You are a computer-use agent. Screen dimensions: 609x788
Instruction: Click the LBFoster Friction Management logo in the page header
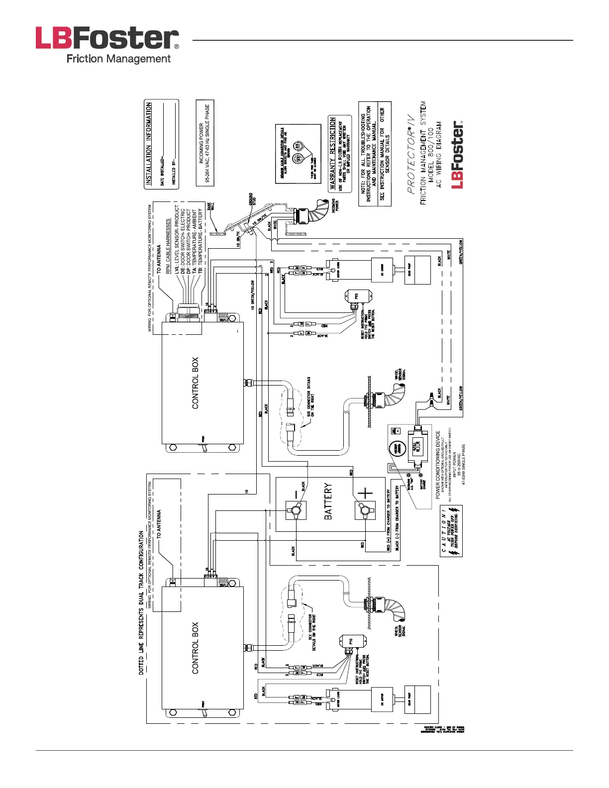(107, 45)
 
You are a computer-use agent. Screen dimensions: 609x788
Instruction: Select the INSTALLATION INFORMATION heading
(148, 144)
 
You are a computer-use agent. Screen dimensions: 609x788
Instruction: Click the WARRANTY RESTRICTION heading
(332, 154)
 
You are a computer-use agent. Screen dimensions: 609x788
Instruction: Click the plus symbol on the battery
(365, 493)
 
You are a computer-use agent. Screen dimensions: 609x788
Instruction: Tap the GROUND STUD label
(252, 199)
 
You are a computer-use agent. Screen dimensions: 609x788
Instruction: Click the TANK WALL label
(212, 208)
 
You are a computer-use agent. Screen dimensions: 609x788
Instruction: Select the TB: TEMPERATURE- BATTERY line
(201, 240)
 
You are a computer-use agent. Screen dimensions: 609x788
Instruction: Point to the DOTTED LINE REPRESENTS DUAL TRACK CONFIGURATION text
(141, 602)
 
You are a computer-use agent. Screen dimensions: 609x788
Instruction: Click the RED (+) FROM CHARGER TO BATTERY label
(389, 519)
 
